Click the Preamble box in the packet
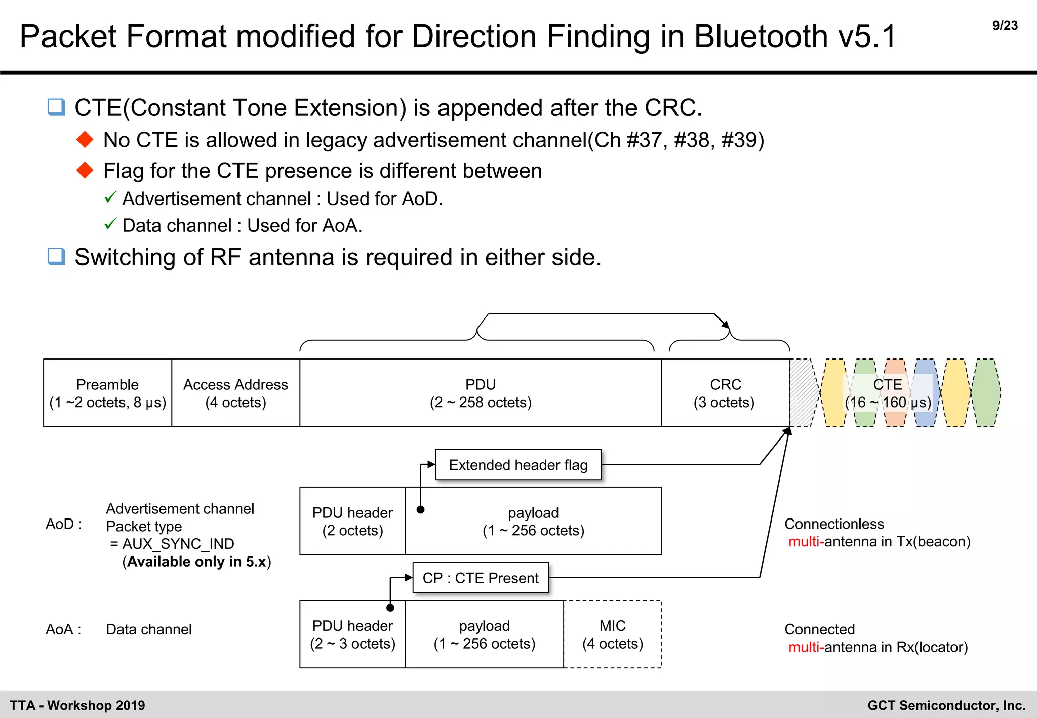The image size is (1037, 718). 107,393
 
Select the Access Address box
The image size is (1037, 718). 235,393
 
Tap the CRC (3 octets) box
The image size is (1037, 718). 725,393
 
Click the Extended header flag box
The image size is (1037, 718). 518,465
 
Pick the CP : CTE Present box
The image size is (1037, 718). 481,578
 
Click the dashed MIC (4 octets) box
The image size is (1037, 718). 613,634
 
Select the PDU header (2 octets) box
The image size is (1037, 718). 352,521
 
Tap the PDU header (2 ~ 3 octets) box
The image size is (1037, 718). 352,634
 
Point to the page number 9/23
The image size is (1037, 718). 1005,26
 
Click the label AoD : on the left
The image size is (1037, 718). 63,524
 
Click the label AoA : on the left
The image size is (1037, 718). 63,629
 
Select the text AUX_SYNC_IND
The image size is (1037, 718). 178,544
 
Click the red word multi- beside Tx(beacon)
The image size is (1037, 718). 806,542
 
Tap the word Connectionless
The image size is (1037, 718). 834,524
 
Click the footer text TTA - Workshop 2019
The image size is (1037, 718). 77,705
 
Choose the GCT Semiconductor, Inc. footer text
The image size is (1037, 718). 946,705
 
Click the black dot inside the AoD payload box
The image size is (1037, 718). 420,510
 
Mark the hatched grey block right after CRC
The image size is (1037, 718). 802,393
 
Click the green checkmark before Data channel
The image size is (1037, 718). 110,224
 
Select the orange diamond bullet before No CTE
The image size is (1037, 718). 85,139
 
